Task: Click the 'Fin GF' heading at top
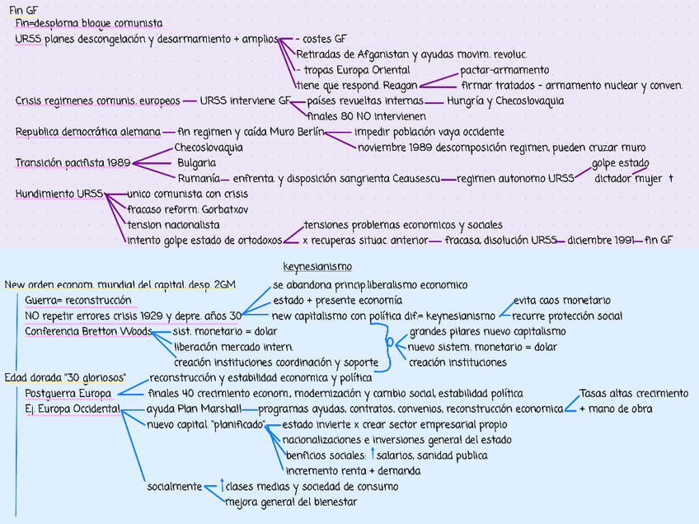(x=23, y=9)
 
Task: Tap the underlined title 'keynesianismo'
(x=317, y=267)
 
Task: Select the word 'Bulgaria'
(x=196, y=163)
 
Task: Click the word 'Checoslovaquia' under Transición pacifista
(x=209, y=148)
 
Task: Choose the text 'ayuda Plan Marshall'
(x=194, y=409)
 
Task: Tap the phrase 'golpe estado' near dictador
(x=620, y=163)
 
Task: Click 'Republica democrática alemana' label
(x=88, y=132)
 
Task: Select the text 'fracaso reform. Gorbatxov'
(x=188, y=209)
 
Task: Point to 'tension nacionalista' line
(x=173, y=225)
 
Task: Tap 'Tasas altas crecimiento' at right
(x=634, y=394)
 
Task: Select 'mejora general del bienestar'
(x=291, y=502)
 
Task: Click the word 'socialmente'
(x=175, y=486)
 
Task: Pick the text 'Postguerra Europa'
(x=68, y=394)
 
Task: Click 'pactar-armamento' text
(x=504, y=70)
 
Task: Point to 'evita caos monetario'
(x=562, y=301)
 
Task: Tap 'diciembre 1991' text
(x=600, y=241)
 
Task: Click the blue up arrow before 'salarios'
(x=372, y=455)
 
